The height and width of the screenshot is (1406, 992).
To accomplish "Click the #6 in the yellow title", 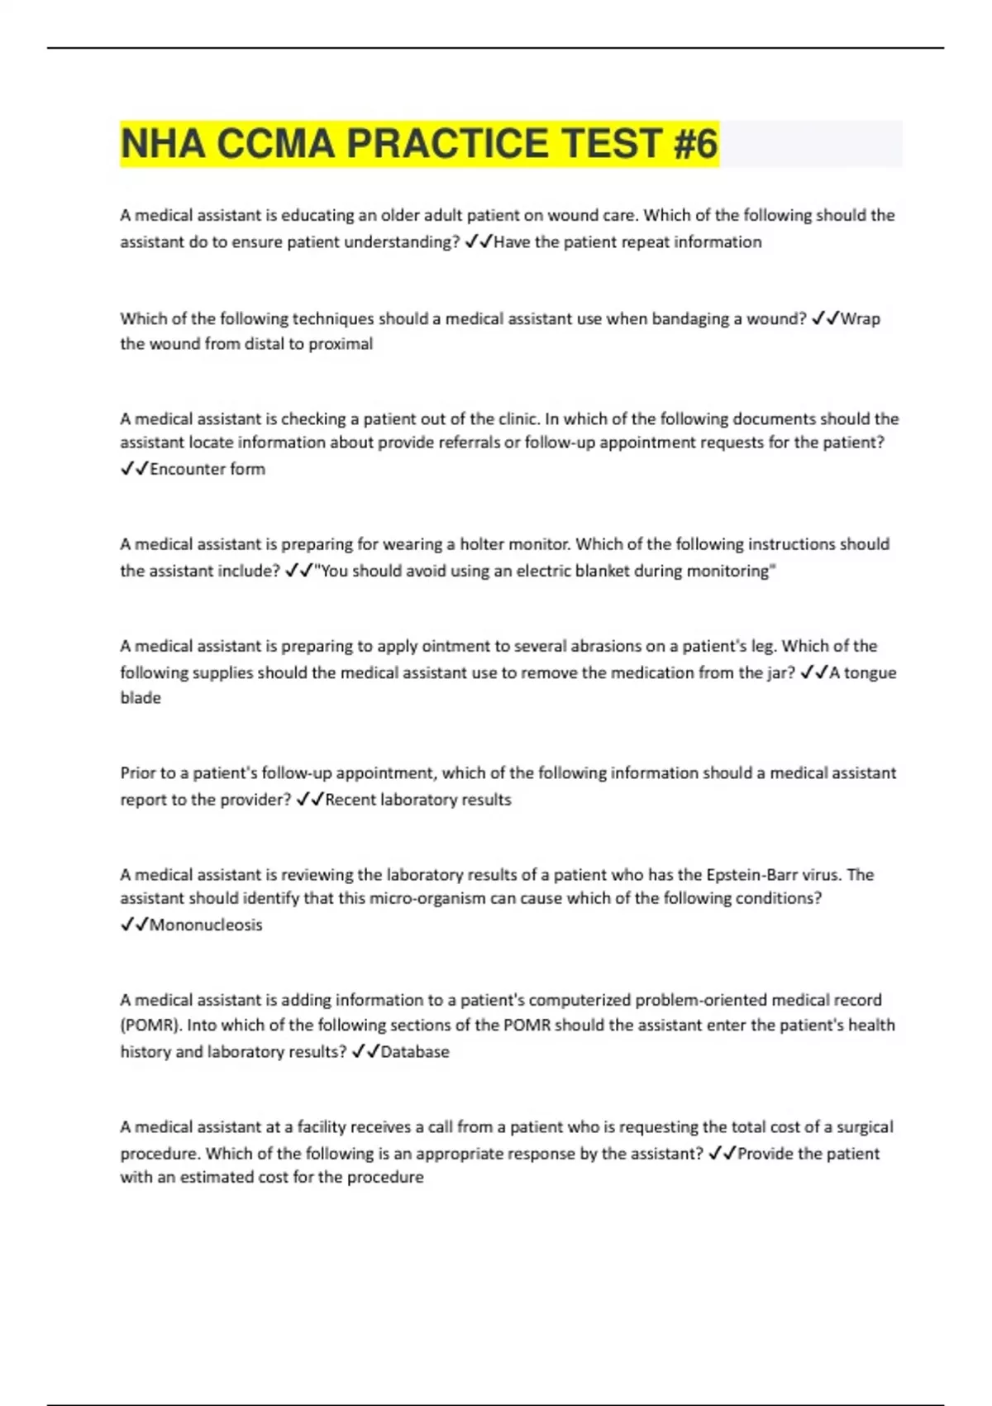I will (695, 144).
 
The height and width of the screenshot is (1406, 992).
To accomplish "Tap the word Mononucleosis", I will (206, 925).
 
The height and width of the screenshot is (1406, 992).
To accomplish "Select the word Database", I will (415, 1052).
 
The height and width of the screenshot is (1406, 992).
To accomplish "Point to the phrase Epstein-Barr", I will (753, 875).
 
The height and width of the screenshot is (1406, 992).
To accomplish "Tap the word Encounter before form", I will (189, 469).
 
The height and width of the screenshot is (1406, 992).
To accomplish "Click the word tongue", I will (870, 673).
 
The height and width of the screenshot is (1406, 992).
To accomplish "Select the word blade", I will (141, 698).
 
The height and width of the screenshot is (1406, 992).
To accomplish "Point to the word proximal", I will (341, 344).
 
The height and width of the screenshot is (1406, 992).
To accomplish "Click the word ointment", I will (455, 646).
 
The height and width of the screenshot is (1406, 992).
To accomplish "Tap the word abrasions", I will (588, 646).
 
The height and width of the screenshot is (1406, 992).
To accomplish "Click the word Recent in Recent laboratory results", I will (351, 800).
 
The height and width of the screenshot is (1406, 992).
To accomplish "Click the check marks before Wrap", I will (826, 318).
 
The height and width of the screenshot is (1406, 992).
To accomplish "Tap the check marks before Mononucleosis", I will (134, 925).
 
